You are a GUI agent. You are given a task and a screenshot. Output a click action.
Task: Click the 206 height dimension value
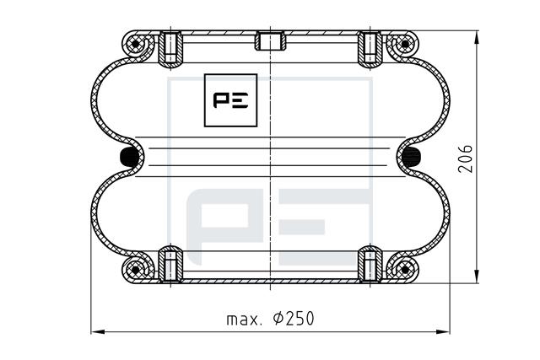click(465, 159)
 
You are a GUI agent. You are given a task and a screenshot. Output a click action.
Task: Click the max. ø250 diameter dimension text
click(270, 319)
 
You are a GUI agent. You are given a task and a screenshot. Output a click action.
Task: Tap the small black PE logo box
click(230, 100)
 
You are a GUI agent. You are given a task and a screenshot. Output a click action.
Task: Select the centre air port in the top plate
click(270, 40)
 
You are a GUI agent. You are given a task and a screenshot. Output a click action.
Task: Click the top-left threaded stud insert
click(170, 48)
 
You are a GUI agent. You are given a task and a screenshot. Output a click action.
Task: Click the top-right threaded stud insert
click(370, 48)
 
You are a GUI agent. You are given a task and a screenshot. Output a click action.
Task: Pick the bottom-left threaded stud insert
click(170, 264)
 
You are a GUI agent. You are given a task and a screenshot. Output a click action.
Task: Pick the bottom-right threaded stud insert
click(370, 264)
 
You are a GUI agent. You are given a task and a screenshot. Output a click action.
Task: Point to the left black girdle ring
click(128, 157)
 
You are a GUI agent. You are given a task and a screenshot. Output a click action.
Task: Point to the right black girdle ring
click(412, 157)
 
